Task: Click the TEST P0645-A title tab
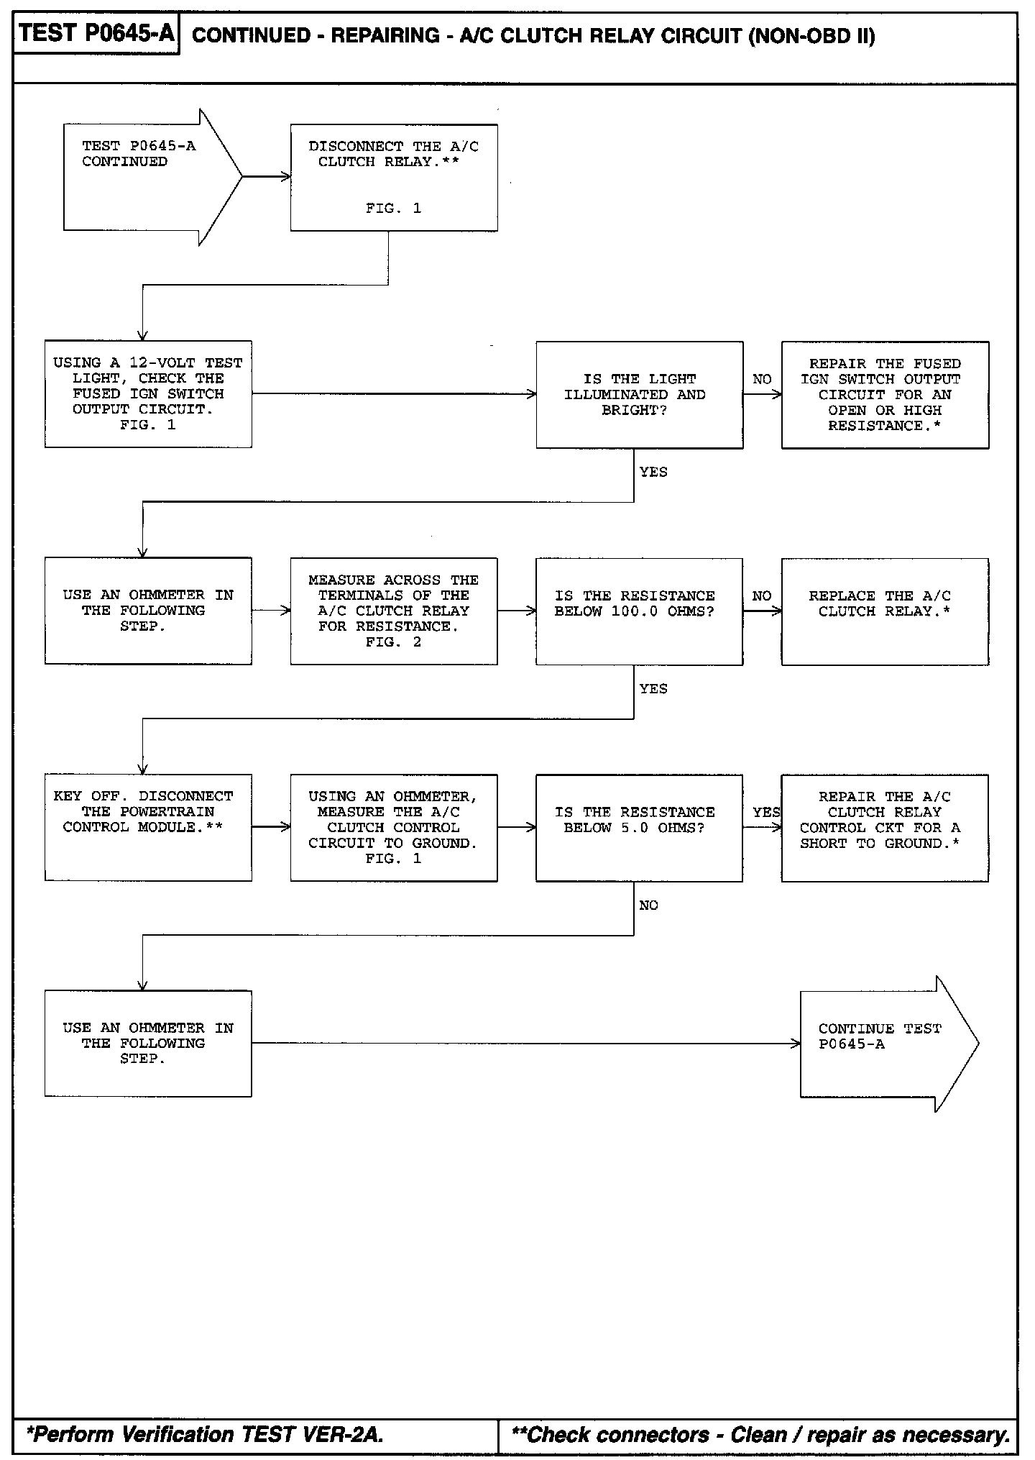tap(96, 34)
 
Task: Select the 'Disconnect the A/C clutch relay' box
tap(393, 177)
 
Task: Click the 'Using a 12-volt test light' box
tap(148, 394)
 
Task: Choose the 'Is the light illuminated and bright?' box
tap(639, 395)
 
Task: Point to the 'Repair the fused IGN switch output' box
tap(885, 395)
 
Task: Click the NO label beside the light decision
tap(762, 379)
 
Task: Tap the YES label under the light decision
tap(653, 473)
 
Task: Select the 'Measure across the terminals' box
tap(393, 611)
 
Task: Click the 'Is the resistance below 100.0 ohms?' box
tap(639, 611)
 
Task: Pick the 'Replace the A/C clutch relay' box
tap(885, 611)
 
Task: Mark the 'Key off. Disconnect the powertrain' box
tap(148, 827)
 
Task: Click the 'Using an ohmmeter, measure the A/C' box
tap(393, 827)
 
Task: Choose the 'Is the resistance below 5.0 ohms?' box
tap(639, 827)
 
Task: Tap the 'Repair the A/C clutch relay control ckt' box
tap(885, 827)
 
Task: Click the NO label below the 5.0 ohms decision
tap(648, 905)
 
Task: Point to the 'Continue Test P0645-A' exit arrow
tap(884, 1043)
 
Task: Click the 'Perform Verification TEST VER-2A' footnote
tap(205, 1434)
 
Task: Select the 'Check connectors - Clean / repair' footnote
tap(760, 1434)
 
